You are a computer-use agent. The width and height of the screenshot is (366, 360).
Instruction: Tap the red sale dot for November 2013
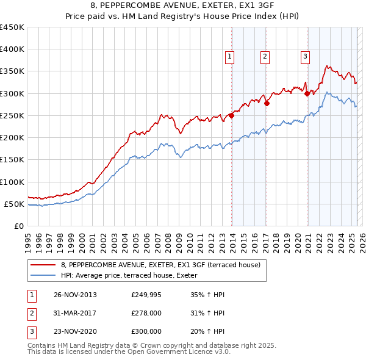click(x=232, y=115)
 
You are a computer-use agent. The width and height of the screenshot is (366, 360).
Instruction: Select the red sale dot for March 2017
click(x=267, y=103)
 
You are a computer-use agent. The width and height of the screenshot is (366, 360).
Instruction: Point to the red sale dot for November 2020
click(x=307, y=93)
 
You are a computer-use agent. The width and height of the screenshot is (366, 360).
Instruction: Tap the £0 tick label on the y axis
click(x=18, y=226)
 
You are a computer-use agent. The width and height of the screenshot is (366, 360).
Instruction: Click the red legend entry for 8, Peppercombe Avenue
click(x=160, y=265)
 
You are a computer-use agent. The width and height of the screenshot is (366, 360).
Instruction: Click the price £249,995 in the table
click(x=146, y=295)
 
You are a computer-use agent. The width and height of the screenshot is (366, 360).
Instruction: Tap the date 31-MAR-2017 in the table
click(x=75, y=313)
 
